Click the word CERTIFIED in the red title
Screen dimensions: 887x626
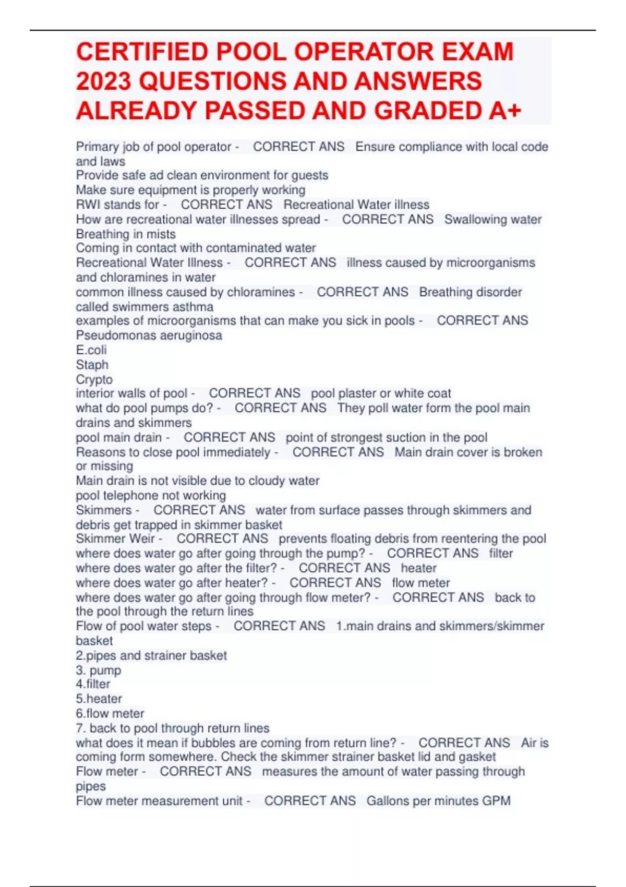pyautogui.click(x=141, y=52)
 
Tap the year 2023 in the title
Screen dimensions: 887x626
pyautogui.click(x=103, y=81)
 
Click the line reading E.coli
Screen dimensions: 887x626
pyautogui.click(x=91, y=350)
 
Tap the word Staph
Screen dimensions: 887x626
pyautogui.click(x=92, y=365)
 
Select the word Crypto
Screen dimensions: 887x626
pyautogui.click(x=94, y=379)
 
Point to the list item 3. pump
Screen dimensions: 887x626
pyautogui.click(x=99, y=670)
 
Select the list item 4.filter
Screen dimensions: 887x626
pyautogui.click(x=93, y=684)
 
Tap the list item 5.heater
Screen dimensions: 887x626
pyautogui.click(x=99, y=699)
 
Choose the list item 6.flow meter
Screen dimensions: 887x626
pyautogui.click(x=110, y=713)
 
